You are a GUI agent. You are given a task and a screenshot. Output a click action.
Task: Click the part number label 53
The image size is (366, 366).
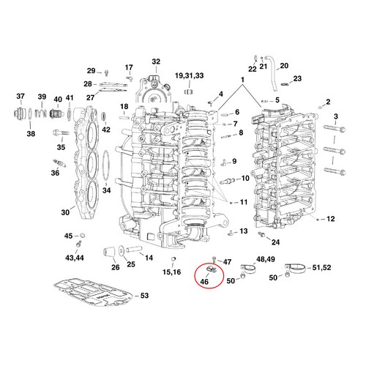[x=144, y=296]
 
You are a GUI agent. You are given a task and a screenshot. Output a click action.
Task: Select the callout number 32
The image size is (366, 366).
[x=156, y=61]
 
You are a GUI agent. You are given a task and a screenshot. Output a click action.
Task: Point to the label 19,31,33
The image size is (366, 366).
[x=189, y=76]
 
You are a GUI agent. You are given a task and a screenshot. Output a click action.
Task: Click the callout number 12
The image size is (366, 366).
[x=332, y=219]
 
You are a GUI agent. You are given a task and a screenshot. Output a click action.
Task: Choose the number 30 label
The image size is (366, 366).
[x=65, y=212]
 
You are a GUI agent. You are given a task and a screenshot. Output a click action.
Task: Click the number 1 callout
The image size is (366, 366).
[x=243, y=79]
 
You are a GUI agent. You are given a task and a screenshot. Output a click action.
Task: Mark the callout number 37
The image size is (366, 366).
[x=20, y=97]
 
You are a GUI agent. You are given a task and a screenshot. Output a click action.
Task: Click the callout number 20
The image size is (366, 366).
[x=284, y=66]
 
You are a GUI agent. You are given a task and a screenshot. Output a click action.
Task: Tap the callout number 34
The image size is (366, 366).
[x=107, y=190]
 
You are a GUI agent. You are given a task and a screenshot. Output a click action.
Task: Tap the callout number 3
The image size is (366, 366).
[x=336, y=117]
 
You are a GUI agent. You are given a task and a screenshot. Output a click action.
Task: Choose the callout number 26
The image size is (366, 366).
[x=115, y=267]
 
